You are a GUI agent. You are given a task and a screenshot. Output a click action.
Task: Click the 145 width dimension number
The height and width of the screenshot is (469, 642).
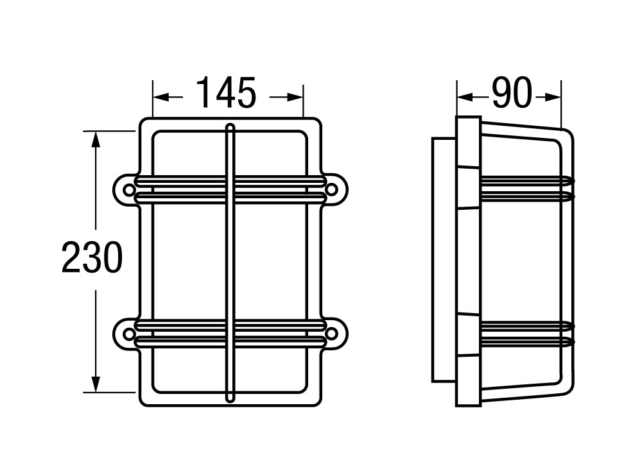227,94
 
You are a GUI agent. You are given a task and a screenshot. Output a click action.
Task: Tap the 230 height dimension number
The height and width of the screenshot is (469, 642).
92,259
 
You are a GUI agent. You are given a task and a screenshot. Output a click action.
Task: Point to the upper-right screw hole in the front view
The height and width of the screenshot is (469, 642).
331,190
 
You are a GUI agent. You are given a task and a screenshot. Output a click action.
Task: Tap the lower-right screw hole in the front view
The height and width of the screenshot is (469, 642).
331,333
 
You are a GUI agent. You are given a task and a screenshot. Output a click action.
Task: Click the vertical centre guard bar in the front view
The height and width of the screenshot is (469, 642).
230,263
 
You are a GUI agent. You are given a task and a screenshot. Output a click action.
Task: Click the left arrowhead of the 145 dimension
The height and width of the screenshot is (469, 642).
159,98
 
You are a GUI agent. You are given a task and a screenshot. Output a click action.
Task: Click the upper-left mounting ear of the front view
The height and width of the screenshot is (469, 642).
126,190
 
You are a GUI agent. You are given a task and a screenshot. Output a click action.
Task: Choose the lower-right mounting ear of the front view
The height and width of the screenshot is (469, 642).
334,333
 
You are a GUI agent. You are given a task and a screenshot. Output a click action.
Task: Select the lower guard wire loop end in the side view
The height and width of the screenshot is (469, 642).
570,332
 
